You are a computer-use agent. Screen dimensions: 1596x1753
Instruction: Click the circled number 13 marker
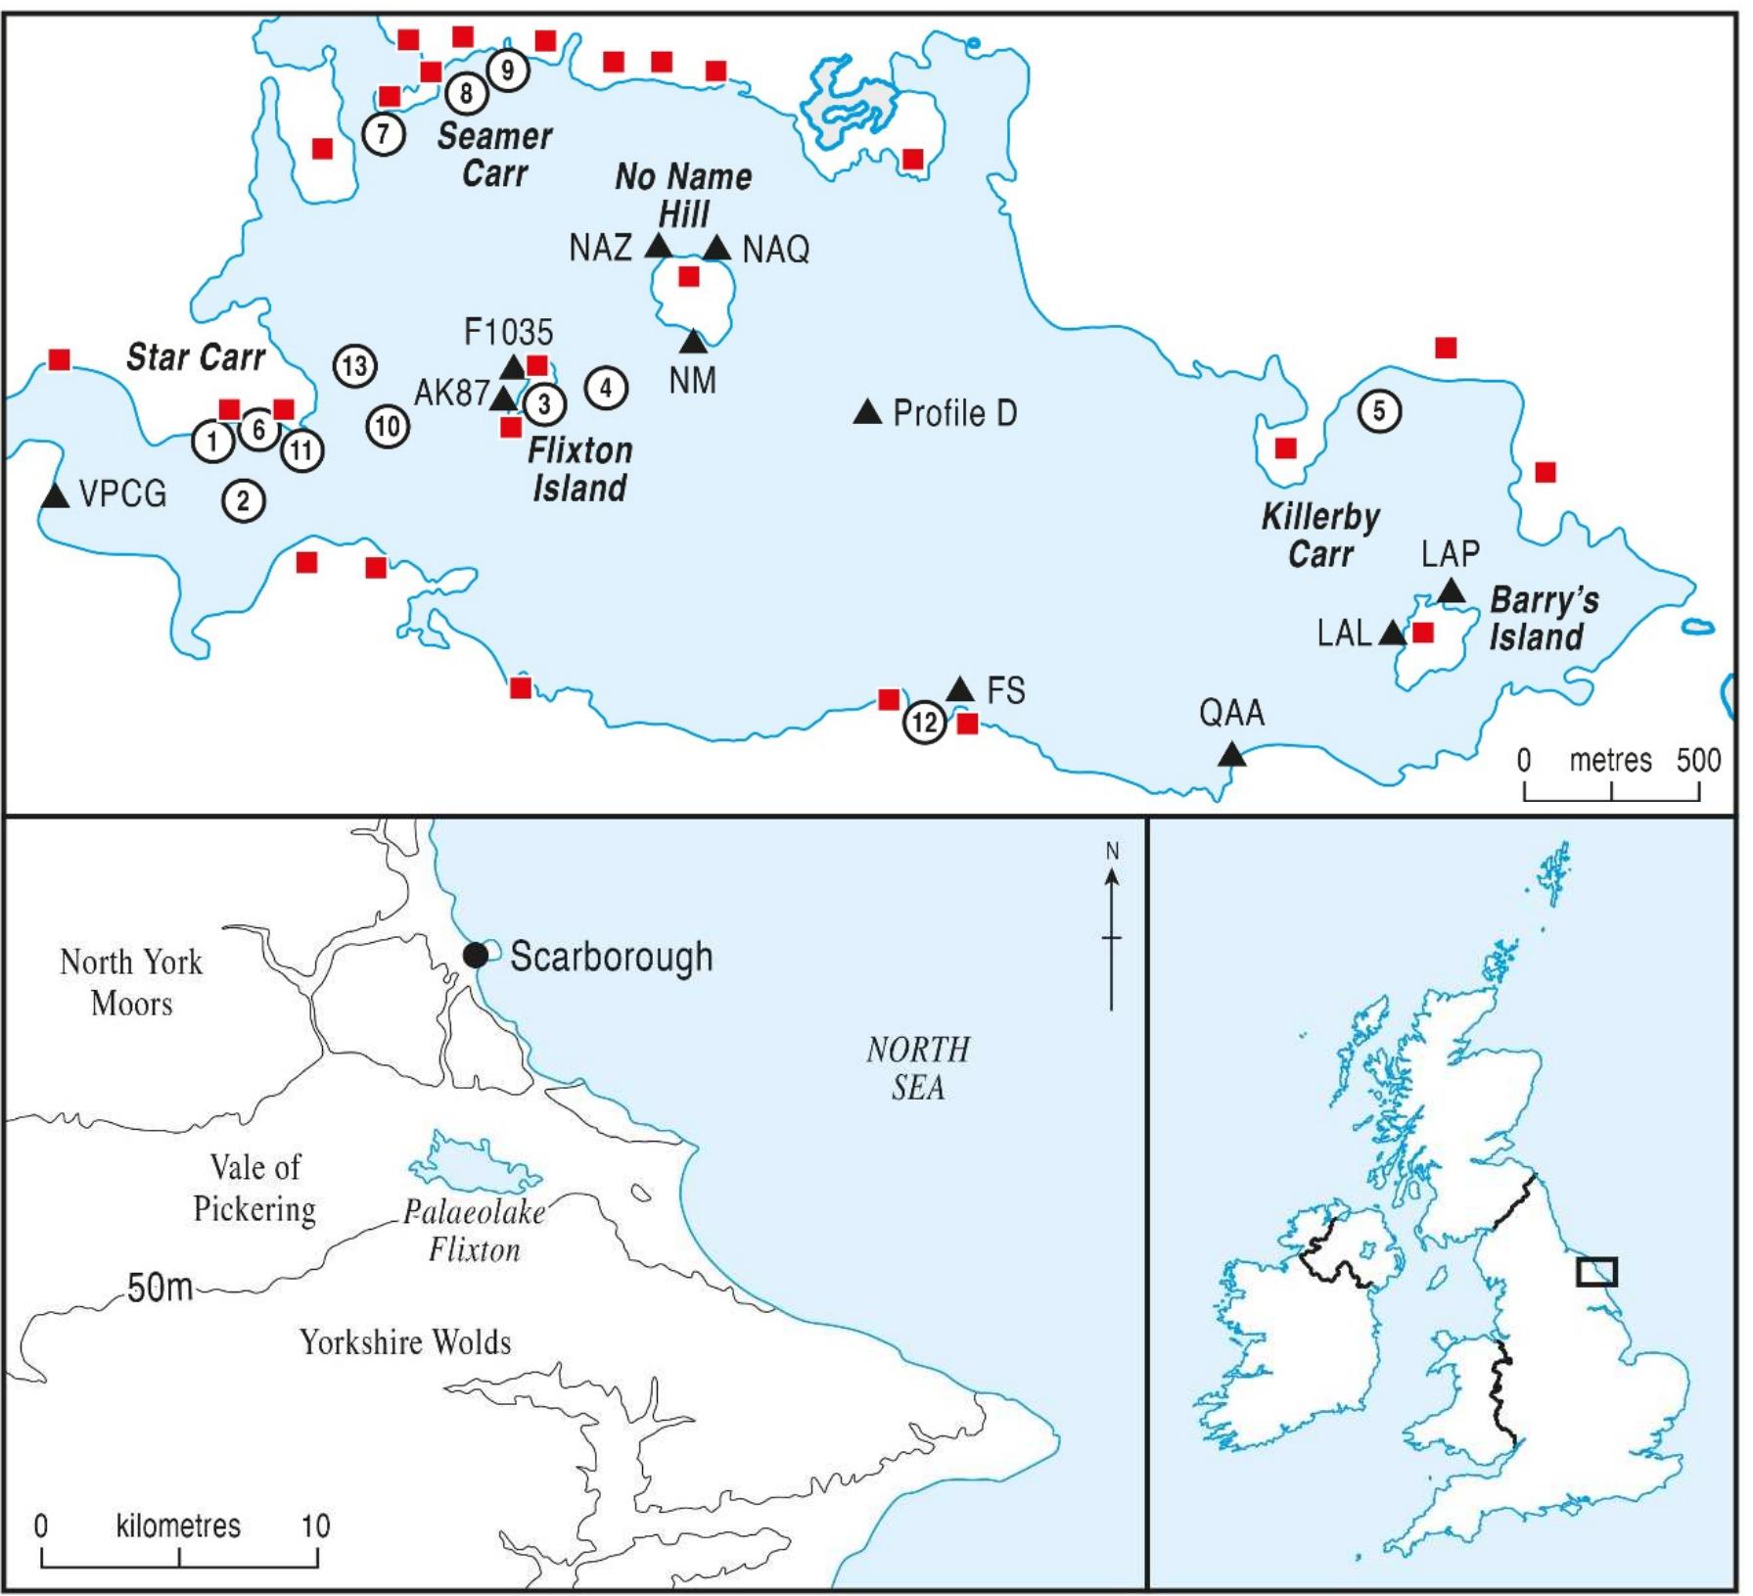(x=354, y=366)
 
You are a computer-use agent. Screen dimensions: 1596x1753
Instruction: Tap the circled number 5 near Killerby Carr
(x=1379, y=410)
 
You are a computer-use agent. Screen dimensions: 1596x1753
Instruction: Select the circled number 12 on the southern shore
(x=924, y=724)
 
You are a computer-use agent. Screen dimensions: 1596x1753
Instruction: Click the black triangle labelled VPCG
(x=56, y=496)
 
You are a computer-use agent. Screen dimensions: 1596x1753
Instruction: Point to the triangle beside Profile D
(x=867, y=413)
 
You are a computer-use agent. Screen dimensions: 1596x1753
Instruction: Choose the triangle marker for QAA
(x=1231, y=755)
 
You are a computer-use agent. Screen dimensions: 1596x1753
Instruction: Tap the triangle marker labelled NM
(x=693, y=343)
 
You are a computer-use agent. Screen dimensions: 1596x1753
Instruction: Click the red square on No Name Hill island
(x=689, y=276)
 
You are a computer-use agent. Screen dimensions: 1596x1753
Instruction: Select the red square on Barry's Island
(x=1423, y=633)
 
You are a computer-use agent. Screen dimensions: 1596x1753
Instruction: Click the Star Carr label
(x=196, y=357)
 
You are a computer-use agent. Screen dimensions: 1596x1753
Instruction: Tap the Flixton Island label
(x=579, y=469)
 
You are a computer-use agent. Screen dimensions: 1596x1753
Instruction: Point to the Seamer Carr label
(x=494, y=154)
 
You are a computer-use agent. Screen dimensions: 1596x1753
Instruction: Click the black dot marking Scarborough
(x=476, y=955)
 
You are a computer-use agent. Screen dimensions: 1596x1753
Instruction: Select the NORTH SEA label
(x=918, y=1068)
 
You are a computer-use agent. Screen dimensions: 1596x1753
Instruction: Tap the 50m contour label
(x=160, y=1288)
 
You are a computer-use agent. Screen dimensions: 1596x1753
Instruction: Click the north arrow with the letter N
(x=1112, y=925)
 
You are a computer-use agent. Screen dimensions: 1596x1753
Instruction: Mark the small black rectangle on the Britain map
(x=1596, y=1271)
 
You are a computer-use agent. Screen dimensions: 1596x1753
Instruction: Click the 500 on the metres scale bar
(x=1698, y=760)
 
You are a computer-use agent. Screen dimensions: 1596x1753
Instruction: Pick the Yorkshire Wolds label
(x=405, y=1341)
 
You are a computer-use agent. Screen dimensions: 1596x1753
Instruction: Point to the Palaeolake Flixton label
(x=475, y=1231)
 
